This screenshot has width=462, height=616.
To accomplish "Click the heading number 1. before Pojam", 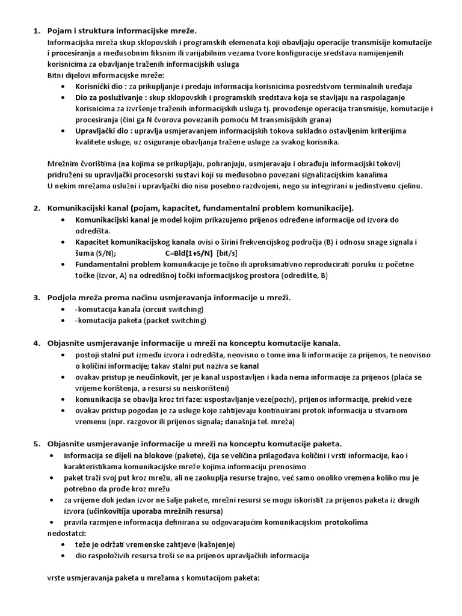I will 35,31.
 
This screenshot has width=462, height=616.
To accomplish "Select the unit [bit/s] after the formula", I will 230,253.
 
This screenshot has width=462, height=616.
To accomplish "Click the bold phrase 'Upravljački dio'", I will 102,131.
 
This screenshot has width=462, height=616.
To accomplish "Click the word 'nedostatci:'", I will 67,532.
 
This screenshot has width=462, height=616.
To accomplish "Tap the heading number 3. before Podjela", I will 35,297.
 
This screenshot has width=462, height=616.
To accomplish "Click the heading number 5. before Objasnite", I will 35,444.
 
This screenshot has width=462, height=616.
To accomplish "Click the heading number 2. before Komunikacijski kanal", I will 35,208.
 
